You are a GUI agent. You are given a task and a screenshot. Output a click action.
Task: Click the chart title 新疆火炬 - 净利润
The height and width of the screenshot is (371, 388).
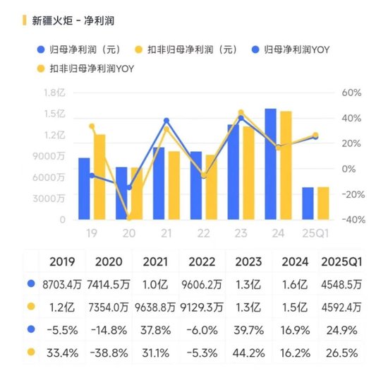click(x=73, y=20)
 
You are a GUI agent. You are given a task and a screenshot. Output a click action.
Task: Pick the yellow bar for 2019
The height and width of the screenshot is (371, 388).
click(x=99, y=177)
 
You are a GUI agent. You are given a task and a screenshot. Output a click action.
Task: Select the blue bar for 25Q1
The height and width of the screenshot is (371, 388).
click(x=308, y=204)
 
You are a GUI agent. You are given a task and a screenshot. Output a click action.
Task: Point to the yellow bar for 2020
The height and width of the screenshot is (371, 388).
click(x=137, y=194)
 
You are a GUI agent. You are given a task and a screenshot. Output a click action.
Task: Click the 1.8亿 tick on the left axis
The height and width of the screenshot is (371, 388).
click(x=54, y=93)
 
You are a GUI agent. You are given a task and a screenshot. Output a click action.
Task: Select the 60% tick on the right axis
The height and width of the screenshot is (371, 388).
click(x=351, y=93)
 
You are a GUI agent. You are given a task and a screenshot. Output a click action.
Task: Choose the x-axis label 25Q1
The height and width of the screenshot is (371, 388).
click(x=315, y=233)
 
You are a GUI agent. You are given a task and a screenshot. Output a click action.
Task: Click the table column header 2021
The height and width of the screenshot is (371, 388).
click(x=156, y=261)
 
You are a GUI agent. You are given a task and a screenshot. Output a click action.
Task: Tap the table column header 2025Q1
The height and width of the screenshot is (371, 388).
click(x=341, y=261)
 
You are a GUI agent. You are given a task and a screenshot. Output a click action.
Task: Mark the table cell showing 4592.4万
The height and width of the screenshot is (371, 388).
click(x=341, y=307)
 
